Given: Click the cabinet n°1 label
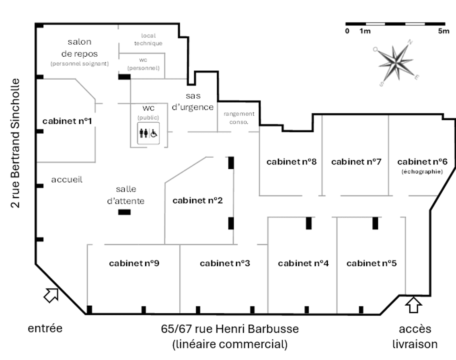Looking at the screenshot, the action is (x=67, y=121).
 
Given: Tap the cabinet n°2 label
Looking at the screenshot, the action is (x=197, y=200).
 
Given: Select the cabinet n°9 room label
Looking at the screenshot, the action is (x=134, y=263).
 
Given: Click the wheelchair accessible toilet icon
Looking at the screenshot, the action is (x=149, y=134).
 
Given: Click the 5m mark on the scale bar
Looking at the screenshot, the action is (x=444, y=31).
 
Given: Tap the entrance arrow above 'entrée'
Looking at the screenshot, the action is (x=51, y=295).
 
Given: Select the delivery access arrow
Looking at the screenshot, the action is (x=413, y=304).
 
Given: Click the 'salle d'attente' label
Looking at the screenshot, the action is (x=126, y=195).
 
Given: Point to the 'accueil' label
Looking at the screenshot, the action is (x=67, y=179).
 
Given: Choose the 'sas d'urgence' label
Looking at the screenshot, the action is (x=193, y=101).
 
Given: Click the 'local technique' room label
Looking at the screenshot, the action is (x=148, y=39).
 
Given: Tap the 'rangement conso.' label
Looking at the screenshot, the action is (x=239, y=118).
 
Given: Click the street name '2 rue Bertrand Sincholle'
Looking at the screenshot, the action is (x=15, y=143).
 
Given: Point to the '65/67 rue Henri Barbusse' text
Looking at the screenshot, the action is (x=230, y=329).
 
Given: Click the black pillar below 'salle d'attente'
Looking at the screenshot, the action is (x=125, y=212).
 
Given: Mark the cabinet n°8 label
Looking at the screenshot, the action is (x=292, y=161).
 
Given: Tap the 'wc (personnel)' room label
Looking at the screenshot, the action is (x=144, y=64).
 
